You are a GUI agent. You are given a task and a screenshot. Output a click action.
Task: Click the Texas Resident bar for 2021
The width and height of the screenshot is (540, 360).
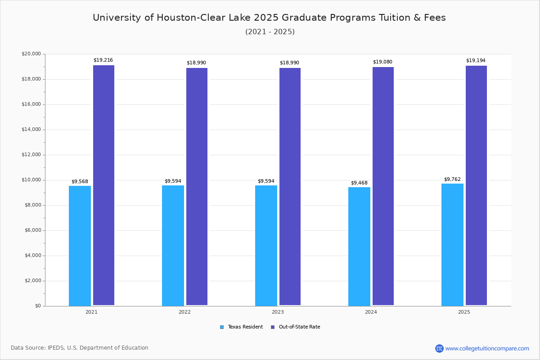coord(80,246)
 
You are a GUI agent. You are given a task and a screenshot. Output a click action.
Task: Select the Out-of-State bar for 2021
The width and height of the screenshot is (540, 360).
coord(103,185)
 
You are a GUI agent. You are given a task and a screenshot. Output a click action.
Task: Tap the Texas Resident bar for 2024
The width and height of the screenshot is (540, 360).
coord(359,246)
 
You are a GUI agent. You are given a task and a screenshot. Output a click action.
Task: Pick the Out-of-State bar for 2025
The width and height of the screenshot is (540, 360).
coord(476,185)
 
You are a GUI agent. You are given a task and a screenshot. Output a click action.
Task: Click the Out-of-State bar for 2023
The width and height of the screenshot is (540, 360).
coord(290,187)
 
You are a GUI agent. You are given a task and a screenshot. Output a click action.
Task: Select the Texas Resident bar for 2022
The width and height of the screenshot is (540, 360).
coord(173,246)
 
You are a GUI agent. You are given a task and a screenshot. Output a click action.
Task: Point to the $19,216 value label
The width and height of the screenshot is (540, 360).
coord(103,60)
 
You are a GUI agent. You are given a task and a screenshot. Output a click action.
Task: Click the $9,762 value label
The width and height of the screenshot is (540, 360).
coord(452,179)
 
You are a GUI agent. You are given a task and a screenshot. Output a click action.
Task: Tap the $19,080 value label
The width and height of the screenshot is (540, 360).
coord(382,62)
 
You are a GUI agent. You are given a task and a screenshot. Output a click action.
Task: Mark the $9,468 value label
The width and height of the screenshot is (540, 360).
coord(359,183)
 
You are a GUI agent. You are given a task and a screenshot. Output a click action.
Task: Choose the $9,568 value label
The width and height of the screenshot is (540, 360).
coord(80,182)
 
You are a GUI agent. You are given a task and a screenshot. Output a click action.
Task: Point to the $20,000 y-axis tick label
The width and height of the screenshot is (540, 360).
coord(31,54)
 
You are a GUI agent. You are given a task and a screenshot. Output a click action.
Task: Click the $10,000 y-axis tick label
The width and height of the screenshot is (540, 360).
coord(31,180)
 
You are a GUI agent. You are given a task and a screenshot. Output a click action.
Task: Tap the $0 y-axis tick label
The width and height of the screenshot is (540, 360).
coord(37,306)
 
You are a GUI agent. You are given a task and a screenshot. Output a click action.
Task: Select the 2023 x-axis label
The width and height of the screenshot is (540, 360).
coord(278,312)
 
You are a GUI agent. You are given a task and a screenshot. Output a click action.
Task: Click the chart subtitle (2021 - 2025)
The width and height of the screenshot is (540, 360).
coord(270,31)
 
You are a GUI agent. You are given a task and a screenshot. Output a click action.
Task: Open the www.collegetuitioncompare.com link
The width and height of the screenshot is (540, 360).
coord(487,348)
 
